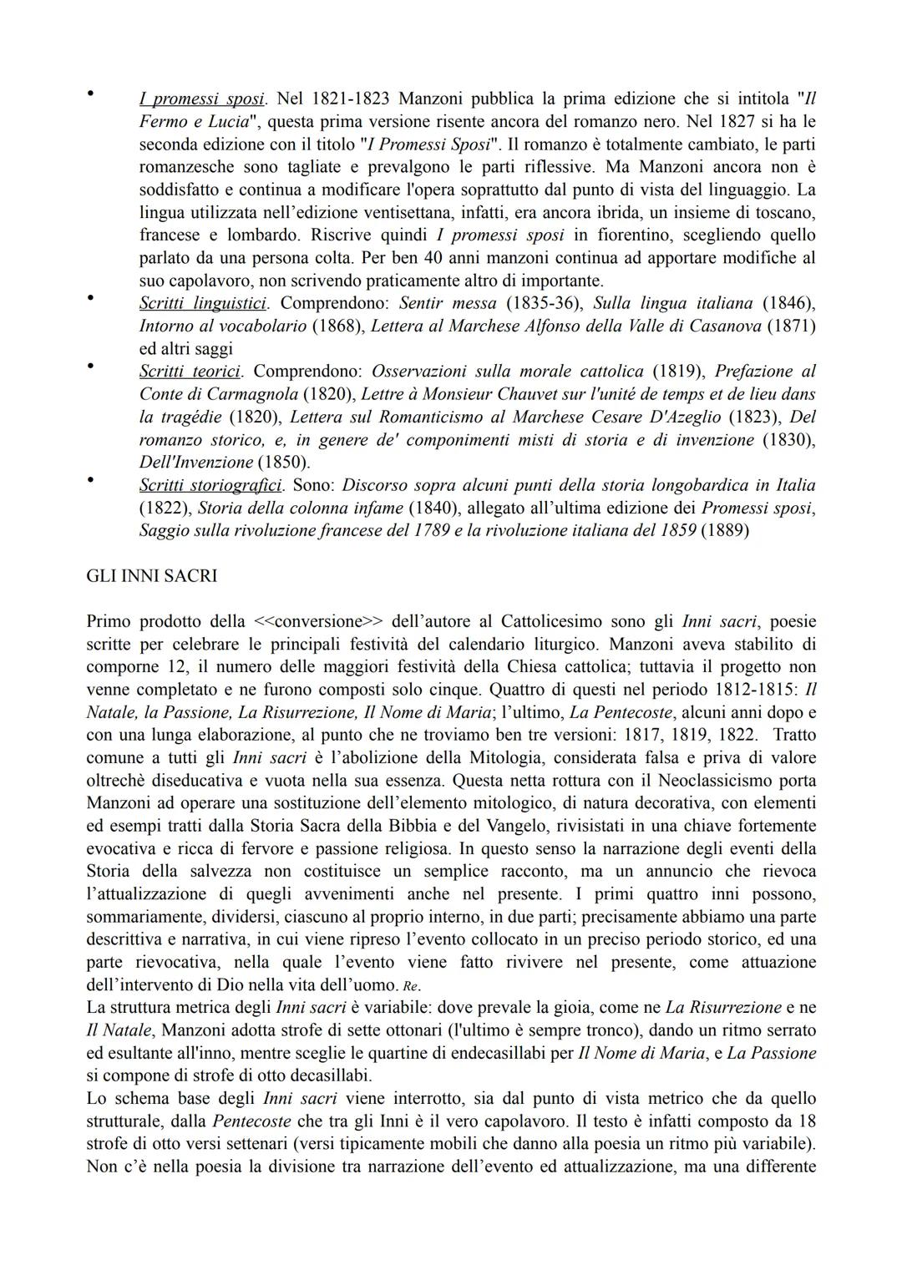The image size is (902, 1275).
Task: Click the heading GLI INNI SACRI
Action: click(x=151, y=576)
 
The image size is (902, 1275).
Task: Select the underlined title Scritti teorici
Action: click(x=190, y=371)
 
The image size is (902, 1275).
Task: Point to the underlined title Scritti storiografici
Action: click(x=210, y=485)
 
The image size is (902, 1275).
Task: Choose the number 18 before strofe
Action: click(x=807, y=1121)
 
